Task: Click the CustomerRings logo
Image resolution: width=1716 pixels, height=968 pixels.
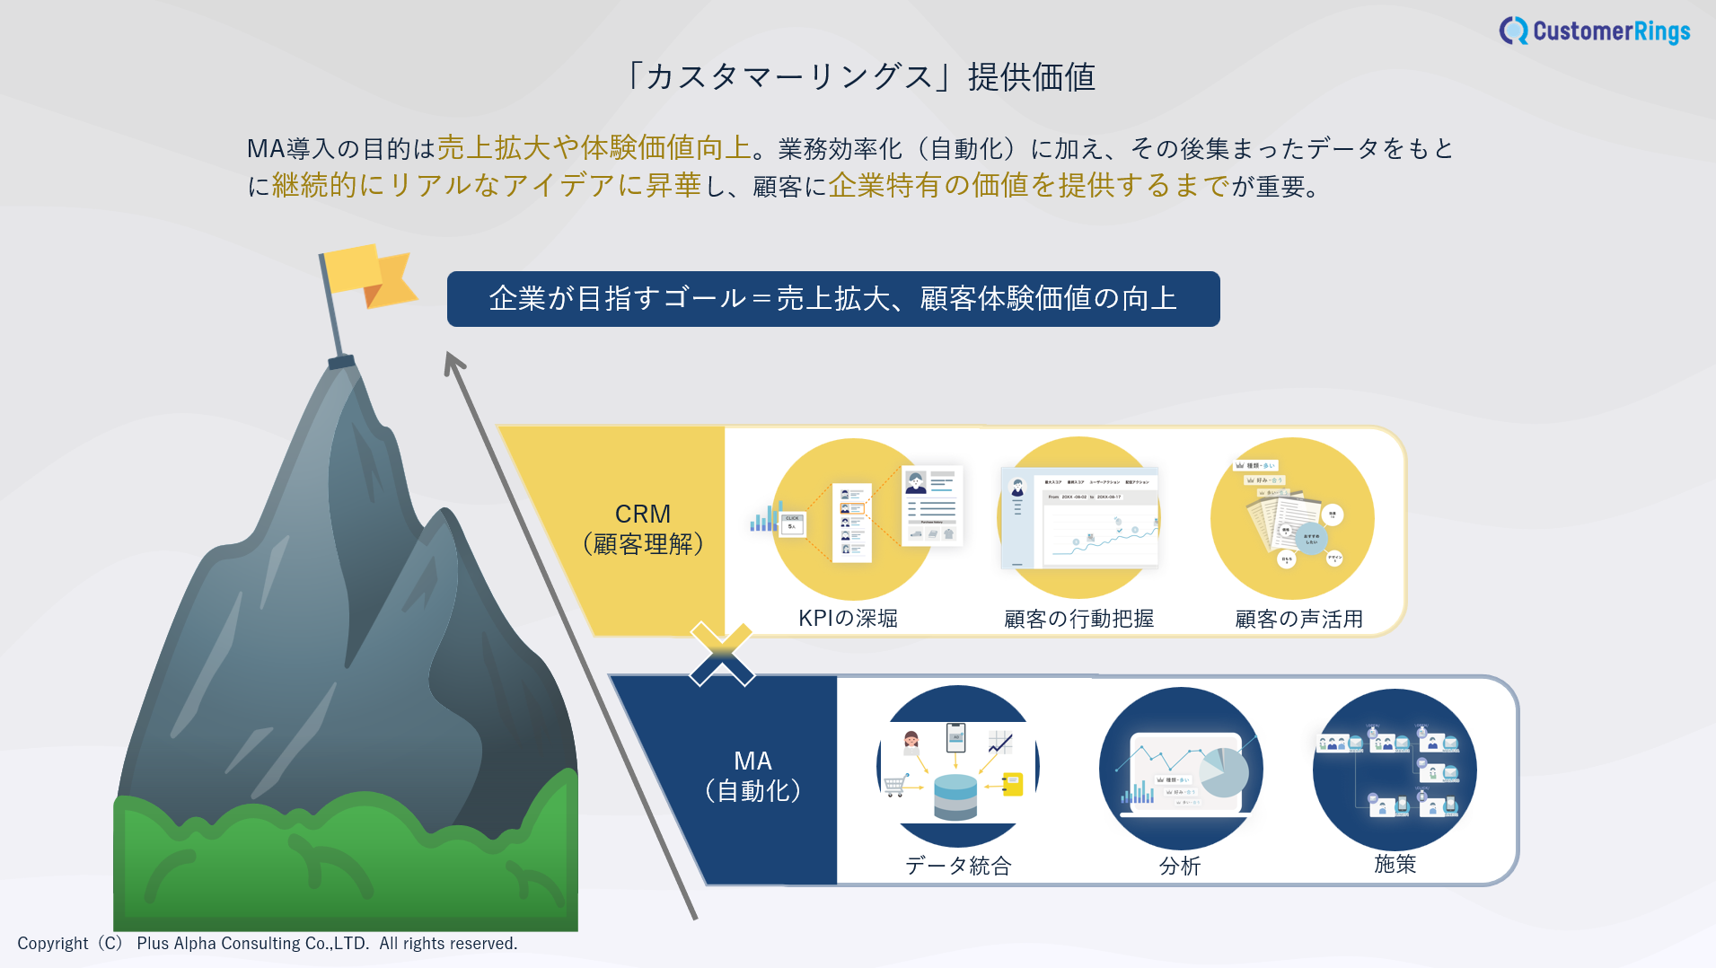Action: (x=1595, y=31)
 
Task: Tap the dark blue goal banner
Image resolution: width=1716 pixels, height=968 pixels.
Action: (x=832, y=299)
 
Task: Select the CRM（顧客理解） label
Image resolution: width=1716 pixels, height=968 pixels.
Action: (x=643, y=529)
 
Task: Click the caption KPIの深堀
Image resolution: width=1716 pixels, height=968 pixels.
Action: (x=848, y=619)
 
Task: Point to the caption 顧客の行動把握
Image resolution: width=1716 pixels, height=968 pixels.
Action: (x=1078, y=619)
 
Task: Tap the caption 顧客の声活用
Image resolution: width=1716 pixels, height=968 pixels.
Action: (x=1298, y=619)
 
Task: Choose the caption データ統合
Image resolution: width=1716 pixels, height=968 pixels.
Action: (x=958, y=866)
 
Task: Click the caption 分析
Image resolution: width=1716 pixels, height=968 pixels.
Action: (x=1180, y=866)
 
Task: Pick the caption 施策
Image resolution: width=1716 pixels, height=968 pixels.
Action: (x=1395, y=864)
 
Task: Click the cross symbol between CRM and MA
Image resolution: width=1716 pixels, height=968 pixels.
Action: (x=722, y=655)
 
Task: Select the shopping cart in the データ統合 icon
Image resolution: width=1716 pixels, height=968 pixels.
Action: (x=894, y=787)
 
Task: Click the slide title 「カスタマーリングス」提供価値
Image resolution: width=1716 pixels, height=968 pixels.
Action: (x=860, y=77)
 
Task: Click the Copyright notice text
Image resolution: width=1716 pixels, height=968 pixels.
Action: (x=268, y=944)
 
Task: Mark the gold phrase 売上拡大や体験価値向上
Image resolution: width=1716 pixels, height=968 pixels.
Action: (x=594, y=147)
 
